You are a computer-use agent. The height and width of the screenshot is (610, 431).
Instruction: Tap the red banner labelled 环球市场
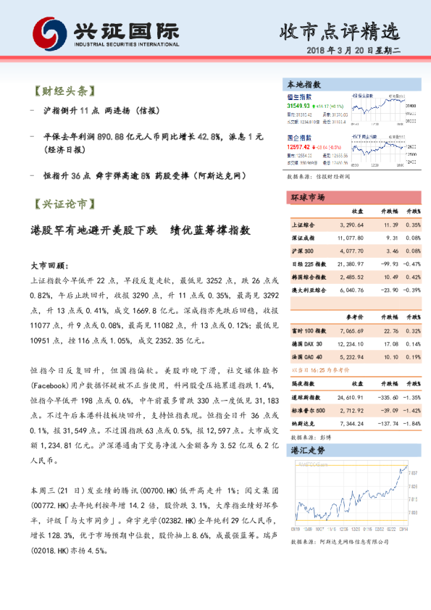pos(307,197)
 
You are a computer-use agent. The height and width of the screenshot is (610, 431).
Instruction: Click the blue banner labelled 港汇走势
pos(307,450)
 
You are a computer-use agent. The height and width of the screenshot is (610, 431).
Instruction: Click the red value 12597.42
pos(298,146)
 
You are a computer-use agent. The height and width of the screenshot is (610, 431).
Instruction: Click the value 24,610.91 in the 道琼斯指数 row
pos(351,398)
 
